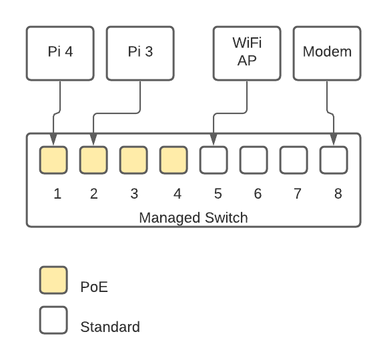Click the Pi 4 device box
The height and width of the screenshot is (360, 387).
[x=60, y=53]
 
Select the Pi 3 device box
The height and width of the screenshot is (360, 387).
[x=140, y=53]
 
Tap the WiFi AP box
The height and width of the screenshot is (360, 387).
[x=247, y=53]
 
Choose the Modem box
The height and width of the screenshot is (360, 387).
[x=327, y=53]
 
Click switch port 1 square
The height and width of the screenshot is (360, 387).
[x=53, y=160]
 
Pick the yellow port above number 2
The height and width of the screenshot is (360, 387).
[x=93, y=160]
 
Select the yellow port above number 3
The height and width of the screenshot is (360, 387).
[x=133, y=160]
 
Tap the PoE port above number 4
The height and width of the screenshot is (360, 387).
[x=173, y=160]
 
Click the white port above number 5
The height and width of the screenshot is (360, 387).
[x=214, y=160]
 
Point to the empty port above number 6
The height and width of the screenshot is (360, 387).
[x=254, y=160]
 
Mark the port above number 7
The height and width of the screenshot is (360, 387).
[x=294, y=160]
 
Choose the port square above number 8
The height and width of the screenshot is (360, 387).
[x=334, y=160]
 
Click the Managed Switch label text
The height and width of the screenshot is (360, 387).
[x=193, y=218]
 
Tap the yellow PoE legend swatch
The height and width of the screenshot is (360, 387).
[x=53, y=280]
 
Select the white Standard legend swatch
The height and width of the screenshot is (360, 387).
[x=53, y=320]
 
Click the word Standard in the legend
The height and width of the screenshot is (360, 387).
[x=110, y=327]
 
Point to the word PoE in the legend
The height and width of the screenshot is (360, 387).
[x=94, y=287]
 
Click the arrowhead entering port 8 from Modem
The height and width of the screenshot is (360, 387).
[x=334, y=140]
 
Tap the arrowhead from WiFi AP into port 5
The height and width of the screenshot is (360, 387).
[x=214, y=140]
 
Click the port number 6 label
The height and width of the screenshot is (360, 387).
[x=258, y=193]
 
